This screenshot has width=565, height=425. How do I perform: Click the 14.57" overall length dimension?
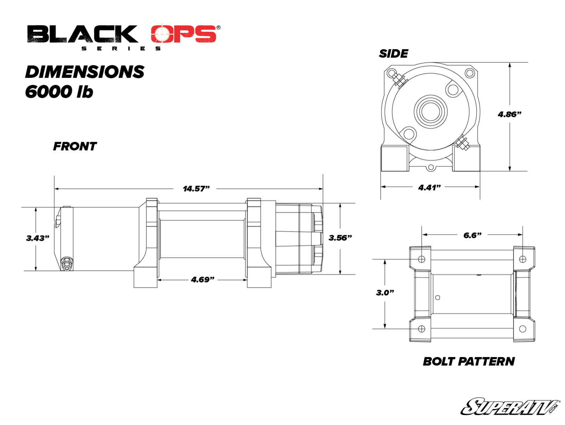tap(196, 189)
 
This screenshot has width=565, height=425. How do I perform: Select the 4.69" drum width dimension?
tap(203, 280)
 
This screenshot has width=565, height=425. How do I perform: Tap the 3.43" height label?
tap(38, 238)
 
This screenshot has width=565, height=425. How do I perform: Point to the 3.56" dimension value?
tap(340, 238)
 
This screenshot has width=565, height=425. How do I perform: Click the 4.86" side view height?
tap(509, 114)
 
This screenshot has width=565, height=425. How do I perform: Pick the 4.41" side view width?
tap(429, 188)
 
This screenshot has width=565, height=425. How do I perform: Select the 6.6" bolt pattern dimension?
tap(472, 236)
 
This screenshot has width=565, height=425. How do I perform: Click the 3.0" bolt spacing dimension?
tap(385, 293)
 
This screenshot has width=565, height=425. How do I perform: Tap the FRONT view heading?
tap(75, 146)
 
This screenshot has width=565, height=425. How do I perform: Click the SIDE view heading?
tap(393, 54)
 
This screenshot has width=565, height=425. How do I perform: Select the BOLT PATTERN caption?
tap(469, 362)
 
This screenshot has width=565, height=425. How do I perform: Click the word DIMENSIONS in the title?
tap(85, 72)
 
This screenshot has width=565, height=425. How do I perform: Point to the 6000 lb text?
tap(59, 92)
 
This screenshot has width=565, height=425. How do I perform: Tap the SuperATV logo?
tap(509, 407)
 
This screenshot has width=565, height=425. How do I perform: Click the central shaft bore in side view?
tap(431, 112)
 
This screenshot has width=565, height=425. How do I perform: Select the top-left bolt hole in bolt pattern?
tap(422, 259)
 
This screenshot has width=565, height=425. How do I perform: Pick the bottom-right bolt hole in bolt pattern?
tap(522, 329)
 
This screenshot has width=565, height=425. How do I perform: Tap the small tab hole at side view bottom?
tap(430, 168)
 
